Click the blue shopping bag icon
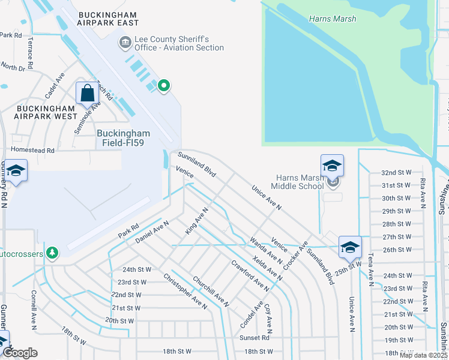click(x=88, y=94)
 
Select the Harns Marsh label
click(x=333, y=19)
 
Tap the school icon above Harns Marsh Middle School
click(x=332, y=165)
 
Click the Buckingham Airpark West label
click(x=47, y=112)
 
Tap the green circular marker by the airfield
click(x=163, y=86)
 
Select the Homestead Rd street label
click(x=33, y=151)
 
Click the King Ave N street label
click(x=196, y=221)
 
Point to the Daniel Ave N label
click(x=152, y=231)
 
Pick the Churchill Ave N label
click(x=211, y=292)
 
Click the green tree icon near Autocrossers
click(x=53, y=253)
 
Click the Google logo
click(x=20, y=353)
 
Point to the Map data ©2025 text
click(x=423, y=356)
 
